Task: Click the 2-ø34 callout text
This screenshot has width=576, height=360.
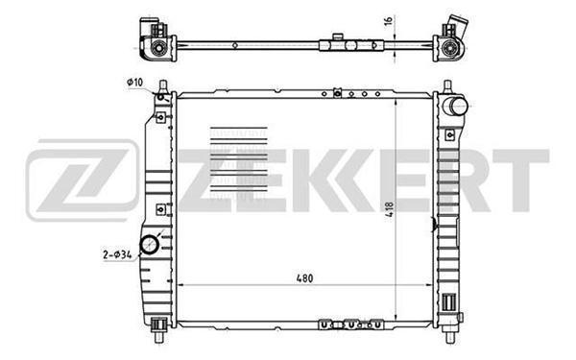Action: point(115,254)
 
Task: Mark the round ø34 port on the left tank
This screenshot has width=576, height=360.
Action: point(151,247)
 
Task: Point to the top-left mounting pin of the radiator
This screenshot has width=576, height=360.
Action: point(164,87)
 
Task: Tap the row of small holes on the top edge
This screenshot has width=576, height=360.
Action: point(355,94)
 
